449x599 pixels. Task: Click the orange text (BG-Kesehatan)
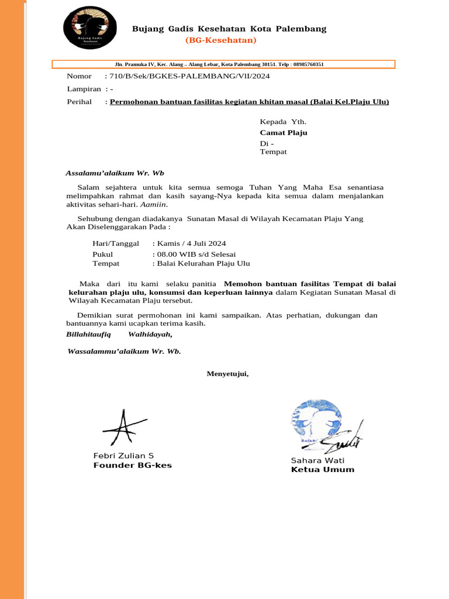[x=220, y=40]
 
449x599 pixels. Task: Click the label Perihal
[x=80, y=102]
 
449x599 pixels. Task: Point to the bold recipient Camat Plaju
[x=284, y=133]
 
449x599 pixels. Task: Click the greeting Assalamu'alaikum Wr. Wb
[x=115, y=173]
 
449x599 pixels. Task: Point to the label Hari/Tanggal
[x=116, y=243]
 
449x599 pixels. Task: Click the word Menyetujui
[x=227, y=374]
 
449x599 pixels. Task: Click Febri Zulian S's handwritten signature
[x=123, y=429]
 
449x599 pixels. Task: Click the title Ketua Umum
[x=323, y=470]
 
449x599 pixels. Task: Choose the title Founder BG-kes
[x=133, y=466]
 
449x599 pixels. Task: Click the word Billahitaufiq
[x=88, y=335]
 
